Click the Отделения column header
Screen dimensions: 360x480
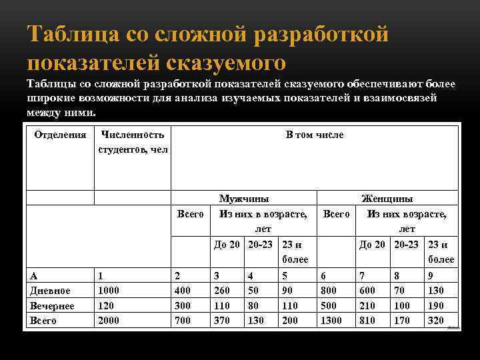click(x=60, y=135)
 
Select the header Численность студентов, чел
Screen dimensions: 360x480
click(x=133, y=141)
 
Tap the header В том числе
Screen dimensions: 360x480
click(x=314, y=135)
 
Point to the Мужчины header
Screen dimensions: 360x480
click(x=245, y=199)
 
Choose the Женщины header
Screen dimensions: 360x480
click(x=387, y=199)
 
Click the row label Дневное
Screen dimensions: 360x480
click(x=51, y=290)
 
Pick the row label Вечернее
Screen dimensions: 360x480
click(x=53, y=305)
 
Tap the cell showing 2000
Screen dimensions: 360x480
click(x=109, y=321)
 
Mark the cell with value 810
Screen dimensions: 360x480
click(x=368, y=321)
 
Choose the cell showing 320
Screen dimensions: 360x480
click(x=437, y=321)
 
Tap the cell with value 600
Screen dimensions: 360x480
click(x=368, y=290)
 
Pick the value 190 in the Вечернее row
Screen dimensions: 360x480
click(x=437, y=305)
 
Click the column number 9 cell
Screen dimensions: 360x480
click(x=431, y=275)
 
